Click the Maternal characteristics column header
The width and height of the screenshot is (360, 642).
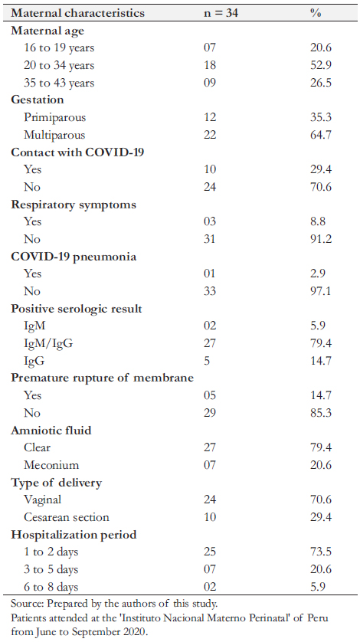tap(78, 13)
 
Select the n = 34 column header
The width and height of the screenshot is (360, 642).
tap(221, 13)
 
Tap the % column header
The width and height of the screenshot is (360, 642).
tap(316, 13)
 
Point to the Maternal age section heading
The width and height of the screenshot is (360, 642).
tap(47, 31)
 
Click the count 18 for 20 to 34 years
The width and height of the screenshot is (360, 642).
tap(210, 66)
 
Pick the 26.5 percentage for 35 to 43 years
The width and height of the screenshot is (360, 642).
tap(321, 83)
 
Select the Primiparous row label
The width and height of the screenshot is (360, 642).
tap(55, 117)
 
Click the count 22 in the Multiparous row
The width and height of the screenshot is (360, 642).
tap(210, 135)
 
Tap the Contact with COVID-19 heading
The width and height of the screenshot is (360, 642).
tap(77, 152)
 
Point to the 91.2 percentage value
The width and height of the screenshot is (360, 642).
tap(321, 239)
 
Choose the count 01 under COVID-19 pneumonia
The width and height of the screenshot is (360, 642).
tap(210, 274)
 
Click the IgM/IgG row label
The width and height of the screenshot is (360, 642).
tap(48, 343)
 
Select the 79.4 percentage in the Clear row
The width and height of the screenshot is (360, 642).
tap(321, 447)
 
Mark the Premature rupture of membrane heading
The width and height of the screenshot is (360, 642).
tap(102, 378)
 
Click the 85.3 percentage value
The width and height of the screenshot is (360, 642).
tap(321, 412)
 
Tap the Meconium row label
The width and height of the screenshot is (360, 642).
tap(51, 465)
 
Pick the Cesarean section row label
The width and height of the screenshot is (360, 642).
tap(67, 516)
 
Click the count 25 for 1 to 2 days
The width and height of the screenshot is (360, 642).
tap(210, 552)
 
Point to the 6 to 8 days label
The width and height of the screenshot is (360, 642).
tap(51, 587)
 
